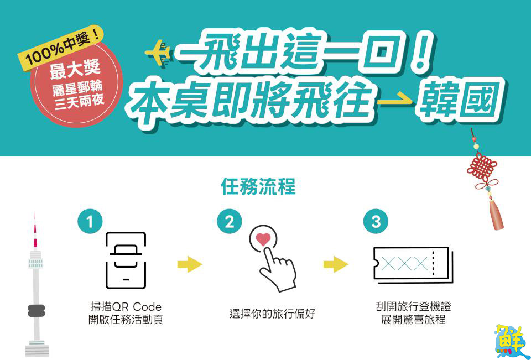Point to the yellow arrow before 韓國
(395, 101)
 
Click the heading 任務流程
(258, 186)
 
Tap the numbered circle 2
(230, 222)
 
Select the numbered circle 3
(376, 222)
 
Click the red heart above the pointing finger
(264, 240)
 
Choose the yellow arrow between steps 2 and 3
(336, 264)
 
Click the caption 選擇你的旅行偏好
(272, 314)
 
